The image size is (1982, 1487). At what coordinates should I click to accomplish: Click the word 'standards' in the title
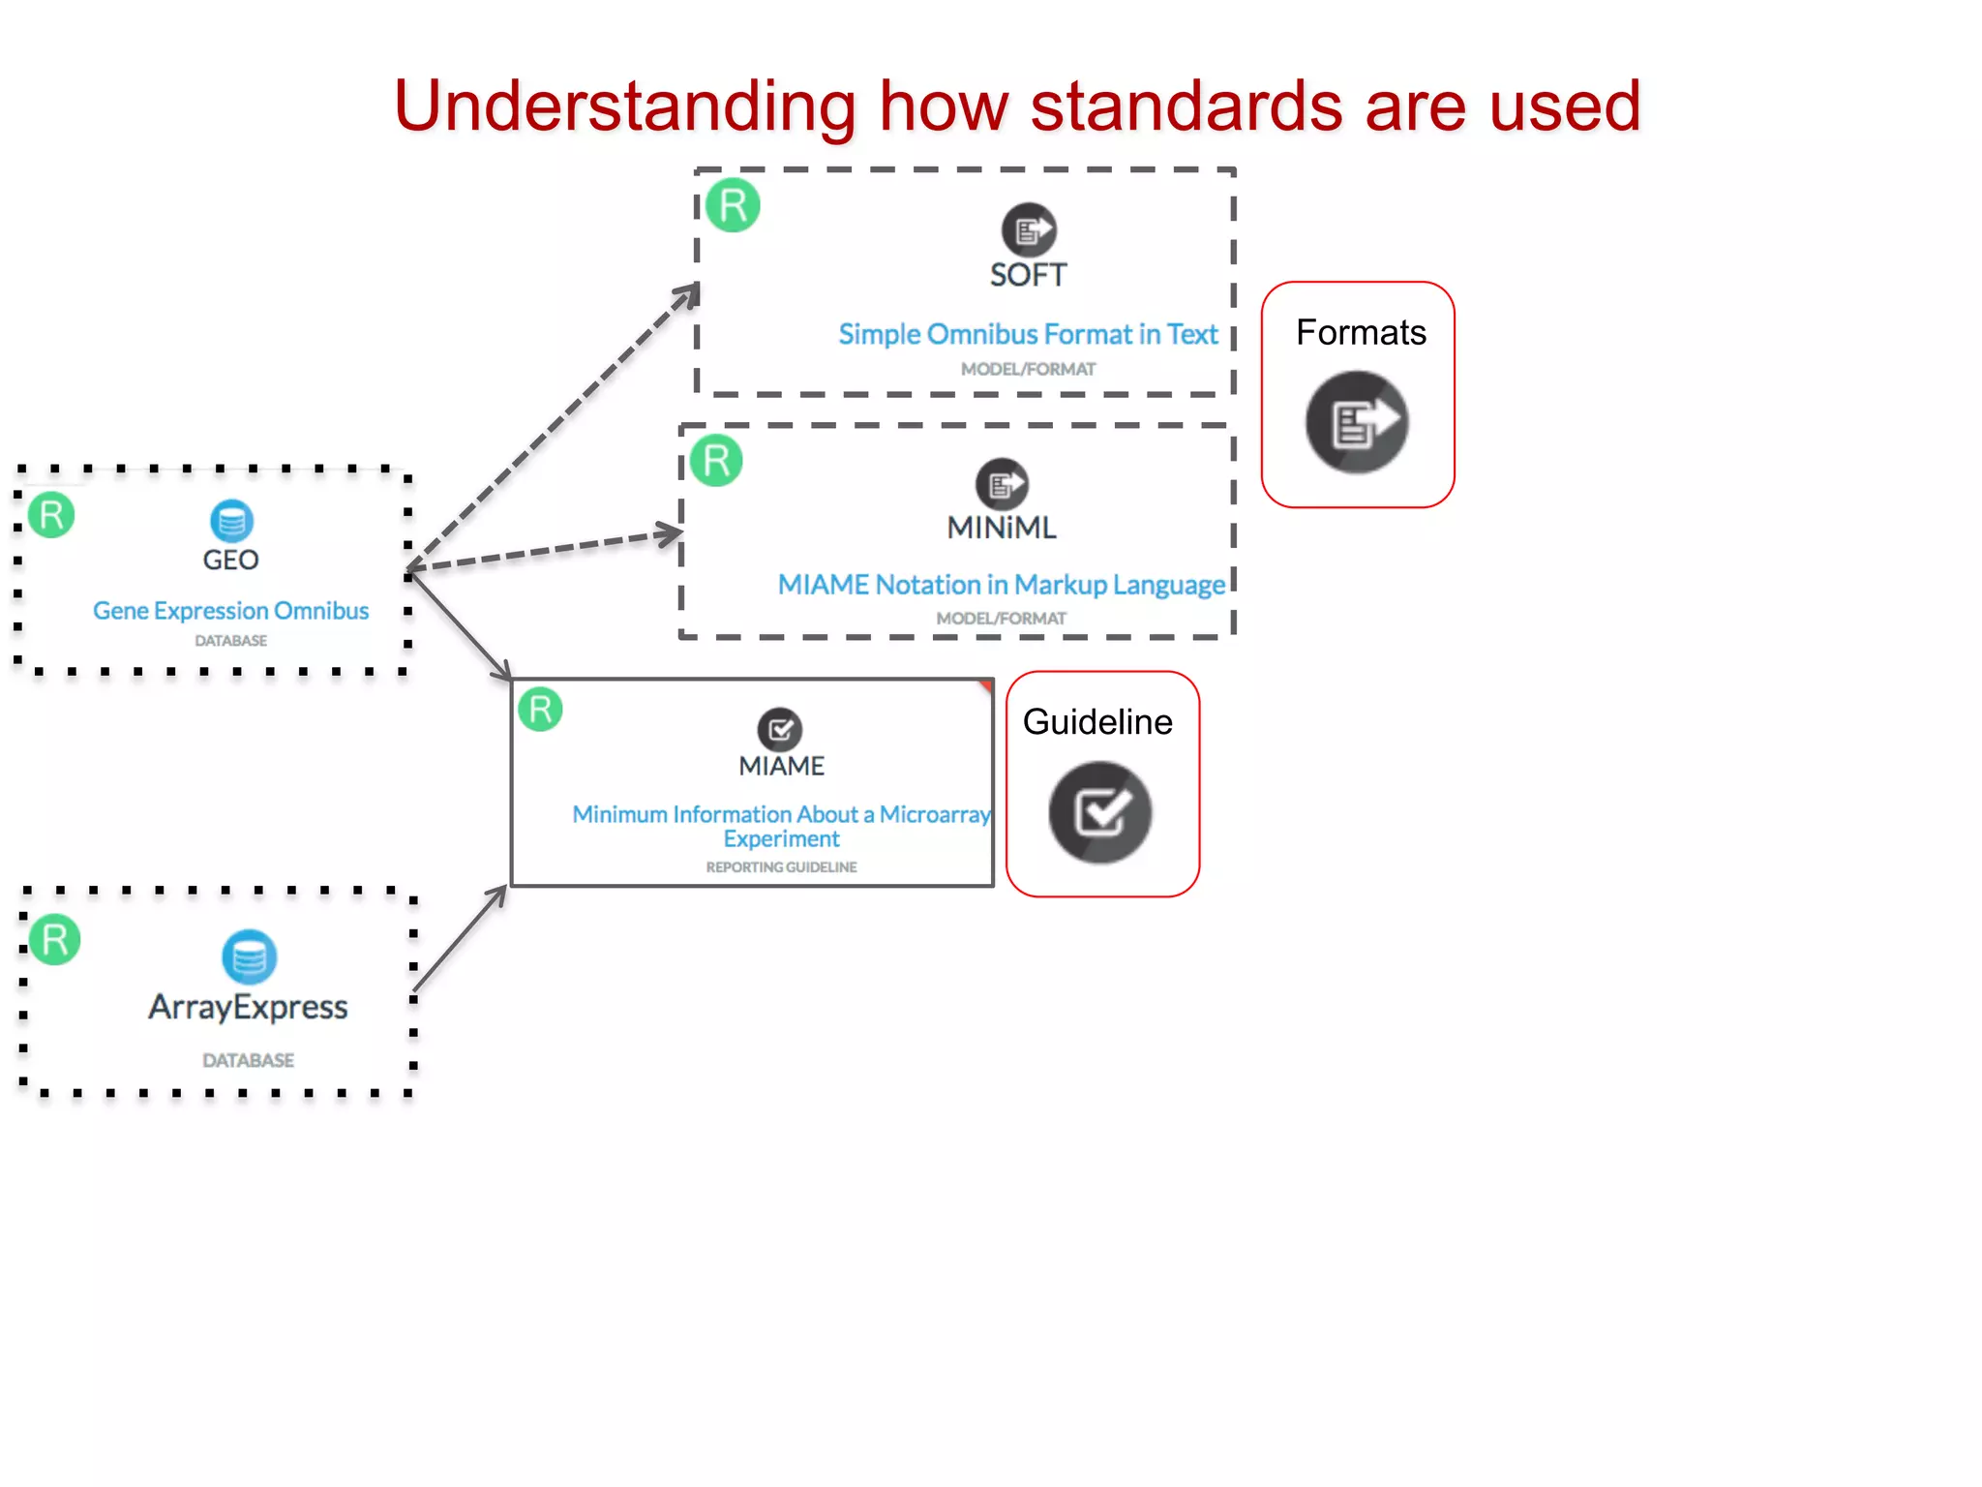1186,106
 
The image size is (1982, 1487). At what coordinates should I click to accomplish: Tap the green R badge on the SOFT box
733,205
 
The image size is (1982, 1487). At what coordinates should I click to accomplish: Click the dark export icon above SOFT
1028,230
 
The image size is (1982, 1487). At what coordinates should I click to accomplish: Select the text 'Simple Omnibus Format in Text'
1028,334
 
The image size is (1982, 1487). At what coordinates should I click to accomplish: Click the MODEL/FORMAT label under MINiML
1001,618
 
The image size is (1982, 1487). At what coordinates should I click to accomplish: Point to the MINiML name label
1001,528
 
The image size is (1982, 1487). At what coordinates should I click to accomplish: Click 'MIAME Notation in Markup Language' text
1001,585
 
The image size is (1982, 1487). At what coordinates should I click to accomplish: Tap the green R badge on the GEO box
51,515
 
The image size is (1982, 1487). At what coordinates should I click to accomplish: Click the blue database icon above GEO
231,521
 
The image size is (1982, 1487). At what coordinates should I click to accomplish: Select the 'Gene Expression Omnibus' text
230,611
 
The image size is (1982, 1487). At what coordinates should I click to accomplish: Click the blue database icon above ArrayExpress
249,956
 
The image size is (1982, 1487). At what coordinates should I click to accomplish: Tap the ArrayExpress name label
248,1007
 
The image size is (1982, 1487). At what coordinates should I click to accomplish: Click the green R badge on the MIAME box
540,709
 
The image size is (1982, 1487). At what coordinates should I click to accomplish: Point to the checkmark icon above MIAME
780,729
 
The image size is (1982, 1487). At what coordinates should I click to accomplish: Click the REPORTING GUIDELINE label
781,866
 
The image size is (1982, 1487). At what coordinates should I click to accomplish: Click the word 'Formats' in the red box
1360,333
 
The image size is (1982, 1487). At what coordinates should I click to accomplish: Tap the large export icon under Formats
1357,422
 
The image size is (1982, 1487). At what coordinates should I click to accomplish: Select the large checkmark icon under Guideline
1100,812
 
